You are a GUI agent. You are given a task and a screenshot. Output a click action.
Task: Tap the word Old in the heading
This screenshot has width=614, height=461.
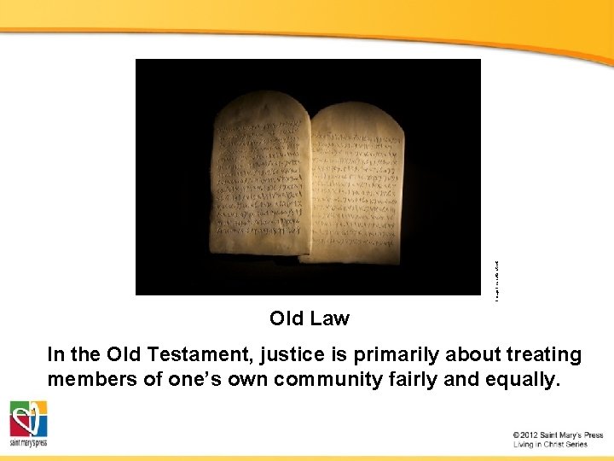click(x=287, y=318)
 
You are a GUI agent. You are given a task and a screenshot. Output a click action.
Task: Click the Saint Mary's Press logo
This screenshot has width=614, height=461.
click(x=28, y=423)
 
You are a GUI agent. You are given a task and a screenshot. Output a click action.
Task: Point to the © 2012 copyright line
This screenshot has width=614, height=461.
click(x=558, y=435)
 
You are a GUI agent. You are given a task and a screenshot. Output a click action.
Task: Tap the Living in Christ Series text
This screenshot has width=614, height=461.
click(x=550, y=445)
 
